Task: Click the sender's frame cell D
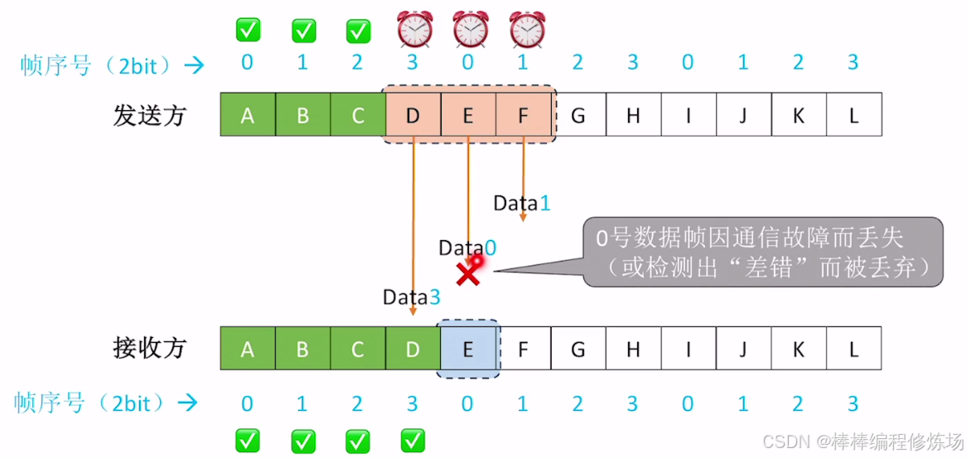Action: coord(413,115)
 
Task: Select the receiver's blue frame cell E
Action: coord(467,349)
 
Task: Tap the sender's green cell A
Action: coord(247,115)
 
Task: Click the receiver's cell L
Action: coord(853,349)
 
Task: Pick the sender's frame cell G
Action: coord(578,115)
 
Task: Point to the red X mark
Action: coord(468,273)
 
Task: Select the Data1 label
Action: coord(521,203)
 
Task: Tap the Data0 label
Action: coord(467,247)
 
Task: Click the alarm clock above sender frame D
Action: coord(413,30)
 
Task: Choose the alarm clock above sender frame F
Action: coord(524,30)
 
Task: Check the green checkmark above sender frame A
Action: coord(248,31)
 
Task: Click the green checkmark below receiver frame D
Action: coord(413,439)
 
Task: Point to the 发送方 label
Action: coord(149,115)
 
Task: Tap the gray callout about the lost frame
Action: coord(762,252)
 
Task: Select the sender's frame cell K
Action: coord(798,115)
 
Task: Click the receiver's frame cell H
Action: coord(633,349)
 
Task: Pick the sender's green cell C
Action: coord(357,115)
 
